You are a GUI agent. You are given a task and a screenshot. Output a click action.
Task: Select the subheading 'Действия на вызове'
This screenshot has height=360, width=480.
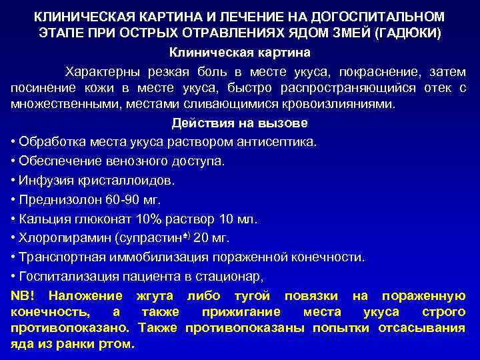(239, 123)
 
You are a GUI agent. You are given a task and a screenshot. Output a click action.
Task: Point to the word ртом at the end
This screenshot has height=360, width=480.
(119, 345)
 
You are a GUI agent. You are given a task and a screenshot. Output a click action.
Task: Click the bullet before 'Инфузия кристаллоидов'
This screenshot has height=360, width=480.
(14, 180)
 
